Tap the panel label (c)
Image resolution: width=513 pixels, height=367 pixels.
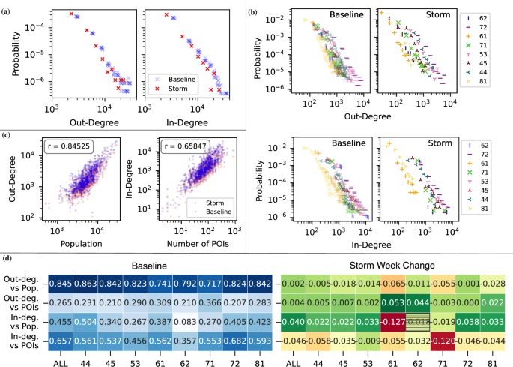(x=7, y=135)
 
